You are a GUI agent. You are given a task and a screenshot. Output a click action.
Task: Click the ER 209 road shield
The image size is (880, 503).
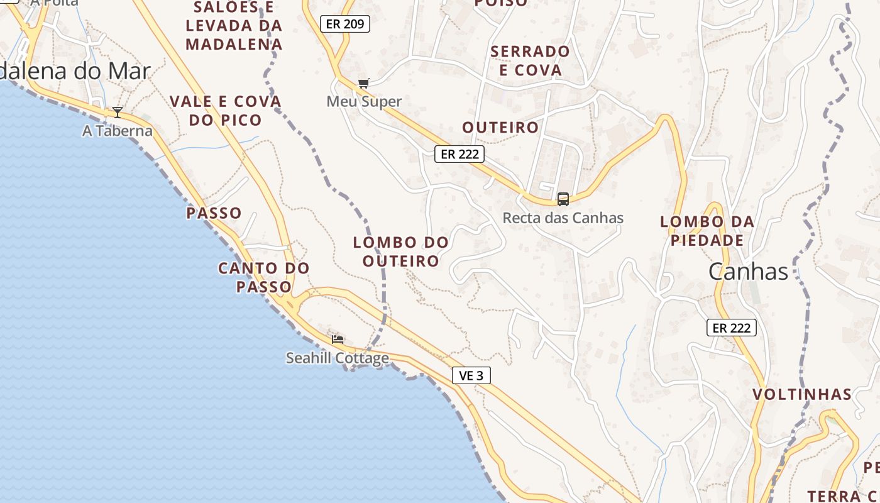pos(345,24)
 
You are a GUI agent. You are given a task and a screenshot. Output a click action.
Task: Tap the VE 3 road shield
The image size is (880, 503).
pos(471,375)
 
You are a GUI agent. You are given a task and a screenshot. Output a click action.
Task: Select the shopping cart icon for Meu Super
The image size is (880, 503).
pos(363,83)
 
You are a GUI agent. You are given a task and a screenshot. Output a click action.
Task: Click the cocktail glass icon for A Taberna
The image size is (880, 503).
pos(118,113)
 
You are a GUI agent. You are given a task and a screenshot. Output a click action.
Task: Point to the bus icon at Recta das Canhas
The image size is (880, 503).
pos(563,199)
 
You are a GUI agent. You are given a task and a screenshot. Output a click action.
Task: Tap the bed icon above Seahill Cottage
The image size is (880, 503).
pos(338,340)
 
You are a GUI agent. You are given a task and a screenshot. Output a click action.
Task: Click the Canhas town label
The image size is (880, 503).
pos(748,272)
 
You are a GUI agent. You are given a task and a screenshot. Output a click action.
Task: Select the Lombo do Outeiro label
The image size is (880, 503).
pos(400,251)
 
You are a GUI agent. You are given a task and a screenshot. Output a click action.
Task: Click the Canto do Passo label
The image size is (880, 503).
pos(264,277)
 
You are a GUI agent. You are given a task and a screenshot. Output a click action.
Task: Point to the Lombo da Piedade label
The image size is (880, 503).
pos(707,231)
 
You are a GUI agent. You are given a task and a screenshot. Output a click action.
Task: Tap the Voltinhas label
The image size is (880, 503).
pos(802,394)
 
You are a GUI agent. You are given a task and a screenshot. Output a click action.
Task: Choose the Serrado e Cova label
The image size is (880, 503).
pos(530,60)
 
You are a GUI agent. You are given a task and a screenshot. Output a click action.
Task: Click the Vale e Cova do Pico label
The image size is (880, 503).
pos(226,110)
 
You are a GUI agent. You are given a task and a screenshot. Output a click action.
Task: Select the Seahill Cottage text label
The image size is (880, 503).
pos(338,358)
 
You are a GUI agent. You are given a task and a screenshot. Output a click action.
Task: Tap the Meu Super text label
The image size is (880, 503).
pos(364,101)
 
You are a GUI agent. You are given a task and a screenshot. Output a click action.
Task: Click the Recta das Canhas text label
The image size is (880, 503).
pos(563,218)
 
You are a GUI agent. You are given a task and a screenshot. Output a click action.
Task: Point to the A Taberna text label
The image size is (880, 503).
pos(118,131)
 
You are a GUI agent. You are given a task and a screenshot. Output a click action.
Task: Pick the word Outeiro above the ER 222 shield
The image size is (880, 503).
pos(500,127)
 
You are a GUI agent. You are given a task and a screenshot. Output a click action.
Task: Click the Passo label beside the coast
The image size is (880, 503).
pos(214,213)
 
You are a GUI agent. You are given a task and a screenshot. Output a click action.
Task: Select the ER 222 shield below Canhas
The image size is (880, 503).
pos(731,328)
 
